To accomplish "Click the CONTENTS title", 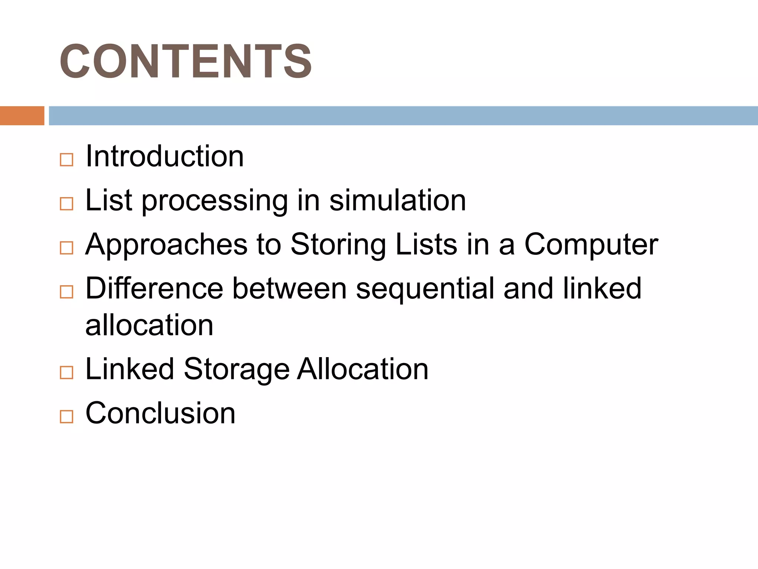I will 185,61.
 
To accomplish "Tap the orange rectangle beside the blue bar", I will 22,116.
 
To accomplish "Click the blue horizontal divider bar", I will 403,116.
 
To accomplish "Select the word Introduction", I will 164,156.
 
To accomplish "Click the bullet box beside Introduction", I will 67,160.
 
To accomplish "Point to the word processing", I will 215,200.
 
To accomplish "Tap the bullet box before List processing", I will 67,204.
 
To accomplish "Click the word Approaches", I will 166,244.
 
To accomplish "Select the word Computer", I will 591,244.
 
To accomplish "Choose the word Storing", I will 338,244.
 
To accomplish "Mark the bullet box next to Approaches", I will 67,248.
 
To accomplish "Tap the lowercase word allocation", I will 149,325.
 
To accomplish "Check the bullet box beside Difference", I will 67,292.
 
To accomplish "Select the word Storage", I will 237,369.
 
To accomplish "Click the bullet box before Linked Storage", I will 67,372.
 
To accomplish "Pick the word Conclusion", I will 160,413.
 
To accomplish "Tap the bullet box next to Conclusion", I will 67,417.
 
